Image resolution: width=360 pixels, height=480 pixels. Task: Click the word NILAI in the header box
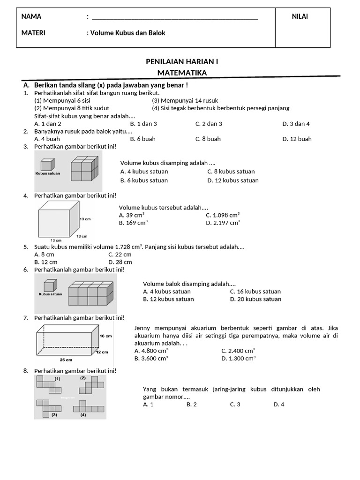pos(300,17)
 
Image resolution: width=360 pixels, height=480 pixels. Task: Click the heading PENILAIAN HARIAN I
pos(182,61)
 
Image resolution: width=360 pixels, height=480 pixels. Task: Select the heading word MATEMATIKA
pos(182,72)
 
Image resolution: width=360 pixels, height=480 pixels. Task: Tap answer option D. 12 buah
pos(297,139)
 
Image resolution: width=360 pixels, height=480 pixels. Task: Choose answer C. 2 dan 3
pos(209,124)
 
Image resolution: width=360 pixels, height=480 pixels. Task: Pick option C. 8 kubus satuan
pos(231,172)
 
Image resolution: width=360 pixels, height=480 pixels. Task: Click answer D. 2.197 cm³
pos(223,223)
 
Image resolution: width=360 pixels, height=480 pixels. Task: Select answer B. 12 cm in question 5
pos(46,262)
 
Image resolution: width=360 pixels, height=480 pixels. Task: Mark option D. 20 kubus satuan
pos(255,299)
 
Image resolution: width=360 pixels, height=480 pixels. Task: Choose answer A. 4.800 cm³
pos(151,350)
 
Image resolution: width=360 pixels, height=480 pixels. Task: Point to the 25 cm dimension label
pos(66,360)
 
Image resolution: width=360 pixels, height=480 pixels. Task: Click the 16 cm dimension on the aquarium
pos(105,336)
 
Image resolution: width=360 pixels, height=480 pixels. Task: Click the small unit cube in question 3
pos(46,165)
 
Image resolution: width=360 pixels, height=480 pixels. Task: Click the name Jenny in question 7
pos(143,328)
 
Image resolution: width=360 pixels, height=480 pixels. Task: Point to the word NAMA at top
pos(31,17)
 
